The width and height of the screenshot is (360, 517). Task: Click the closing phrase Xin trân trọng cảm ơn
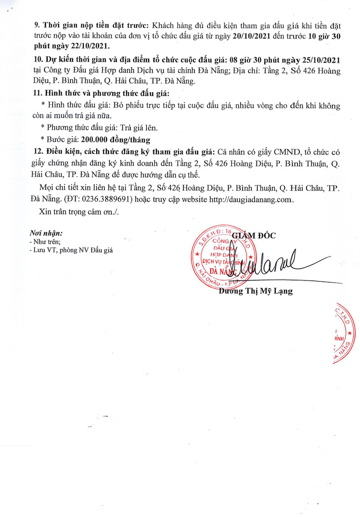[79, 211]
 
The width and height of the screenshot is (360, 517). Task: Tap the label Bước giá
[62, 139]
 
